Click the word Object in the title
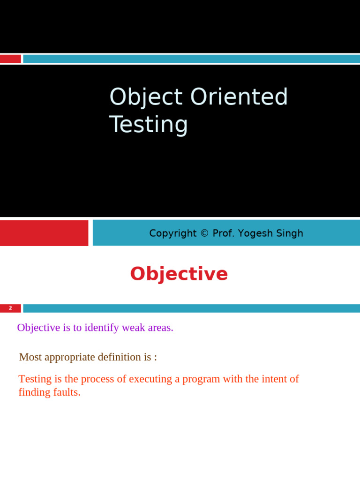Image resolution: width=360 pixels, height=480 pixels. [x=146, y=97]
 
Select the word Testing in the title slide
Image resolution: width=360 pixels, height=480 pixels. [x=148, y=125]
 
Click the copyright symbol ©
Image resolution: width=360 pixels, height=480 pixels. [x=204, y=233]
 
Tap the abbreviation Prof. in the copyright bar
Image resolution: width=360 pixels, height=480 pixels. [x=224, y=233]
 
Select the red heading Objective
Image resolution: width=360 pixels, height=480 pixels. [x=179, y=274]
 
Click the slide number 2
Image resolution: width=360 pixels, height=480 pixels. [x=10, y=308]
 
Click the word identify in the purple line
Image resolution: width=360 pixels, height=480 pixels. [x=102, y=328]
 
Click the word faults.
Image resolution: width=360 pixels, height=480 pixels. [x=66, y=392]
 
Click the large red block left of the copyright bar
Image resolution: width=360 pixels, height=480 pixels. [x=44, y=233]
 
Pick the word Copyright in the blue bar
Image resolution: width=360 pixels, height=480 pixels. [x=173, y=233]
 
